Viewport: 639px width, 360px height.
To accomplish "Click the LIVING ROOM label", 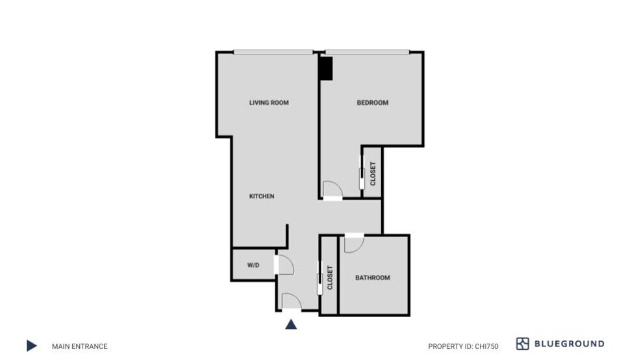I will click(269, 103).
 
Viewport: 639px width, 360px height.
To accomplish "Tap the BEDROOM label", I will click(373, 103).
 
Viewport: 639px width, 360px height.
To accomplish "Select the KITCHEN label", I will click(262, 196).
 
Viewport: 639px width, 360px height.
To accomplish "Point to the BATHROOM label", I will click(373, 277).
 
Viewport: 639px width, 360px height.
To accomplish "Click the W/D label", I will click(253, 265).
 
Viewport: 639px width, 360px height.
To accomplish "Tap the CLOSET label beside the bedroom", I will click(373, 174).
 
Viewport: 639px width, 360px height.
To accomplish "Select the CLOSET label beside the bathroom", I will click(330, 277).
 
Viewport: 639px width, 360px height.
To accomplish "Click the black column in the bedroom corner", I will click(325, 69).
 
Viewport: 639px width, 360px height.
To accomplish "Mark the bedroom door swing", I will click(332, 188).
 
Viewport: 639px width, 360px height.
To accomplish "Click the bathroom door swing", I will click(354, 243).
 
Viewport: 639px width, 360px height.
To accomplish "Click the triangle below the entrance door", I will click(292, 324).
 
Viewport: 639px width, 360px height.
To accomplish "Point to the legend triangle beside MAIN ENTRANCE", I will click(31, 346).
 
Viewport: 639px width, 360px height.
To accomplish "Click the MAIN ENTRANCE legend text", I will click(80, 346).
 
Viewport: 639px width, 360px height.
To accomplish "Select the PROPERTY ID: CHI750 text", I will click(463, 346).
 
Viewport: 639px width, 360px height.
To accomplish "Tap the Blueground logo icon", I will click(523, 344).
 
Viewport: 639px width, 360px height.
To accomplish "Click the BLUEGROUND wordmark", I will click(569, 344).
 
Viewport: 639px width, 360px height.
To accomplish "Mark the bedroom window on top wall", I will click(368, 52).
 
